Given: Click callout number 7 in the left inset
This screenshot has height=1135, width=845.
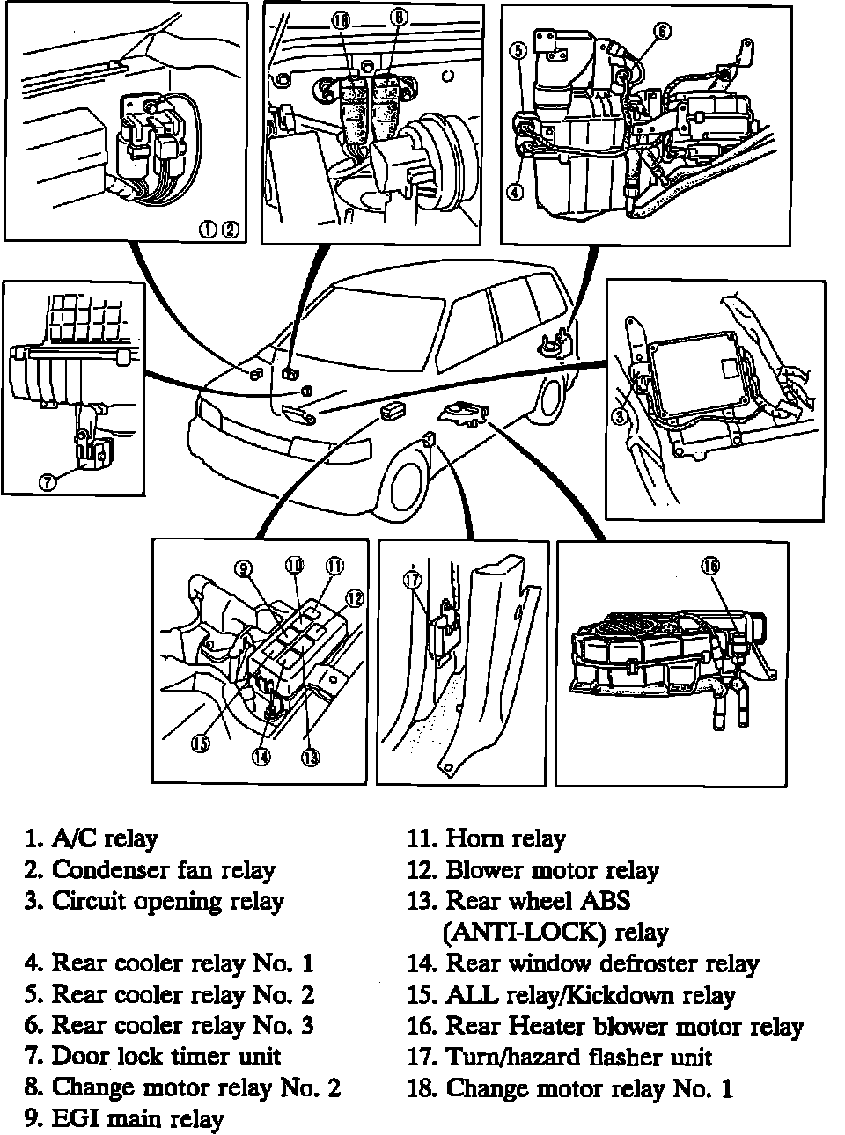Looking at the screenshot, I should (48, 481).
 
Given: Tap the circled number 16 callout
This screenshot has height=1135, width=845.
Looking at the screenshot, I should (709, 566).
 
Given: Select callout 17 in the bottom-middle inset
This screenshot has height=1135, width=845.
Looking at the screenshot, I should (412, 579).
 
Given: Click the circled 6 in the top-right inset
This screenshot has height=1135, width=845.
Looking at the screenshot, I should (662, 33).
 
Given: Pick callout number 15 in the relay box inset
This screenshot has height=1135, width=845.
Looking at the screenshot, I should (202, 743).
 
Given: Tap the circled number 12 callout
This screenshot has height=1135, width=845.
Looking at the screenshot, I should (354, 598).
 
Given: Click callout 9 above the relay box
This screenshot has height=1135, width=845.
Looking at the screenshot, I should (243, 568).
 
